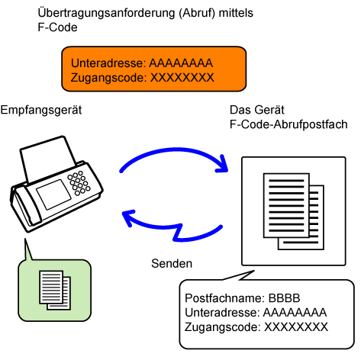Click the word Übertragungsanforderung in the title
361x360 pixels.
[x=106, y=13]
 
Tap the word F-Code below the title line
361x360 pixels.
[x=57, y=27]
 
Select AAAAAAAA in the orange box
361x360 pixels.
[x=181, y=63]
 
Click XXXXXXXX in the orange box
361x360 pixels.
[x=182, y=78]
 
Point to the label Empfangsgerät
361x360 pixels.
[x=41, y=111]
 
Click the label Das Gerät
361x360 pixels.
[x=257, y=110]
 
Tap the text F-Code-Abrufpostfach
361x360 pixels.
[x=288, y=124]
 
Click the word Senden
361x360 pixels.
[x=172, y=263]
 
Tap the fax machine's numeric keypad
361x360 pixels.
[x=79, y=183]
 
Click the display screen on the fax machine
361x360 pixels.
[x=53, y=194]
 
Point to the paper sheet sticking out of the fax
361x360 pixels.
[x=48, y=158]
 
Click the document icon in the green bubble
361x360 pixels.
[x=55, y=290]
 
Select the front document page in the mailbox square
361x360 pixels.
[x=286, y=205]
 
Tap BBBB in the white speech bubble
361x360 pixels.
[x=285, y=298]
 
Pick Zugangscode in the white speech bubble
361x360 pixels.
[x=223, y=327]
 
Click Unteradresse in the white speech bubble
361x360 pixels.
[x=222, y=313]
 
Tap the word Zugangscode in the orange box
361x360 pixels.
[x=109, y=78]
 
